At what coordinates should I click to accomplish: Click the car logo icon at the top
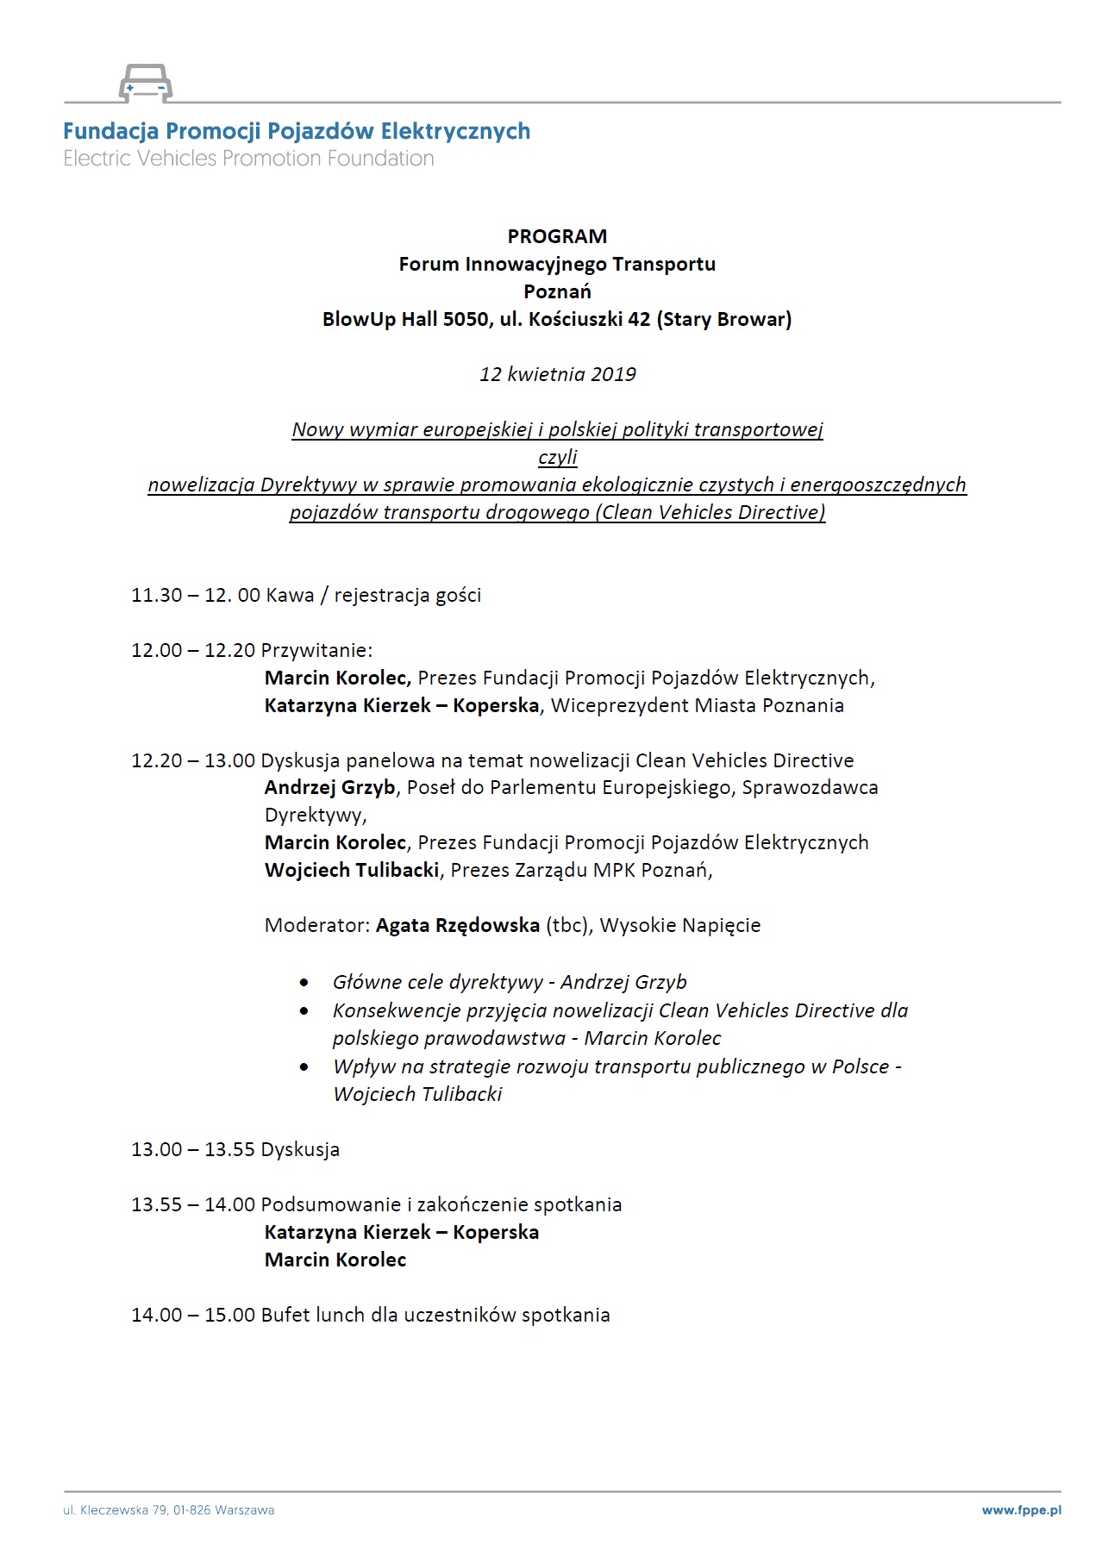click(145, 83)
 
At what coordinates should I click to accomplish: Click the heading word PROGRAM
click(557, 236)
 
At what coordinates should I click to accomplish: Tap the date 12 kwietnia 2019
click(558, 374)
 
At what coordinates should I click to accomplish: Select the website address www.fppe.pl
click(1021, 1510)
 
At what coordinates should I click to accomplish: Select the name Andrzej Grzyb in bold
click(329, 787)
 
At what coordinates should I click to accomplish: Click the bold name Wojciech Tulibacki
click(352, 869)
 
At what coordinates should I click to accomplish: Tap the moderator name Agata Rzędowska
click(458, 925)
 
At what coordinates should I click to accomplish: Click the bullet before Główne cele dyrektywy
click(304, 983)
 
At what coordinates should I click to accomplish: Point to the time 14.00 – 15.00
click(193, 1315)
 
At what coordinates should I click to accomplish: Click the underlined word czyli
click(557, 457)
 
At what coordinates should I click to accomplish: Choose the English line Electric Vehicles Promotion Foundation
click(248, 159)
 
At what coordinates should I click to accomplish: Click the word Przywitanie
click(316, 650)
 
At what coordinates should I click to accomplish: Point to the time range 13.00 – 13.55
click(193, 1149)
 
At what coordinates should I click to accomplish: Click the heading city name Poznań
click(557, 291)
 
